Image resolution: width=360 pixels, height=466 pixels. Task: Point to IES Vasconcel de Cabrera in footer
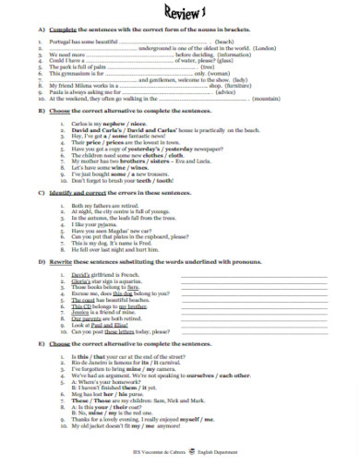pyautogui.click(x=162, y=451)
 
